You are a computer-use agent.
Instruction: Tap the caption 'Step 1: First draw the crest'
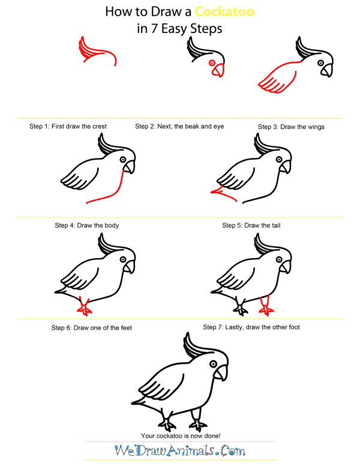[68, 127]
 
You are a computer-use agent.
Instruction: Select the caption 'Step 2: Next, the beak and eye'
[175, 127]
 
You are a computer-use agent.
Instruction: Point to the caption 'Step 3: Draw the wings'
[291, 127]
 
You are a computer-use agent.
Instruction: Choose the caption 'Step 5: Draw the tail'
[251, 225]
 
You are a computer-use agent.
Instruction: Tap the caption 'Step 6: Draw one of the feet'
[91, 328]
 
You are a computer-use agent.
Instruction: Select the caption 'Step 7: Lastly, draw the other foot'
[251, 327]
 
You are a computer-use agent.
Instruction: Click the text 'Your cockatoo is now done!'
[179, 435]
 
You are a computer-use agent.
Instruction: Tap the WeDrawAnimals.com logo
[179, 450]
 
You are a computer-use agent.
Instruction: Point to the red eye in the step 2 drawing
[211, 62]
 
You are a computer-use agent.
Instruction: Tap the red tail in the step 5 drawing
[218, 192]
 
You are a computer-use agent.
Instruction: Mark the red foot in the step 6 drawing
[85, 307]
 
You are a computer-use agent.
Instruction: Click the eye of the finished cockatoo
[212, 362]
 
